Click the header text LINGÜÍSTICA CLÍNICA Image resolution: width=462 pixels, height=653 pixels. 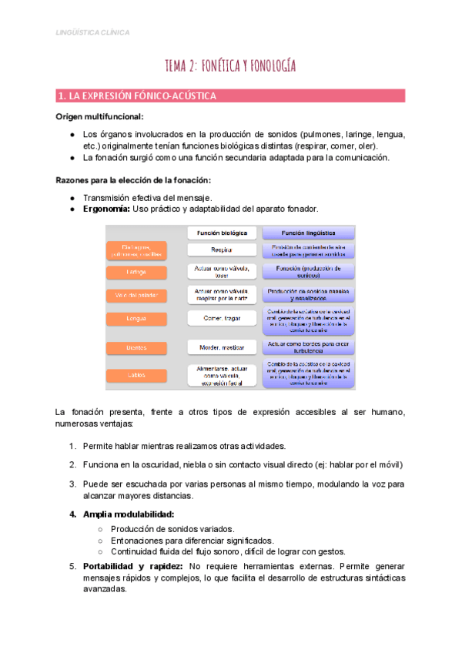point(93,32)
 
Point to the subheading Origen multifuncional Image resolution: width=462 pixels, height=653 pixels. point(99,116)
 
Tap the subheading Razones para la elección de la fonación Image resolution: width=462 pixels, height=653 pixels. point(132,180)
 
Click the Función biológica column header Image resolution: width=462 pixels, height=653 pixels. point(222,232)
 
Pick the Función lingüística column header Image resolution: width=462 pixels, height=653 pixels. point(308,232)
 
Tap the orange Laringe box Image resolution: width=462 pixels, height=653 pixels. point(136,273)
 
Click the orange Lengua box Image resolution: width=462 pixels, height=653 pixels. point(136,319)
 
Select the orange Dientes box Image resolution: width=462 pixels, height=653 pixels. point(136,348)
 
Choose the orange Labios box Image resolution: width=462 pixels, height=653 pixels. point(136,375)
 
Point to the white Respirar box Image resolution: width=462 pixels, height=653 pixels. point(222,249)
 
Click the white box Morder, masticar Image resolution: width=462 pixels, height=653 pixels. point(222,348)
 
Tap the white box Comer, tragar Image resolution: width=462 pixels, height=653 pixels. point(222,319)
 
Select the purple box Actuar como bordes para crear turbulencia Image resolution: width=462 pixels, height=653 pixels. point(308,347)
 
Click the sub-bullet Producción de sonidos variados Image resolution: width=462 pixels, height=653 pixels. point(172,529)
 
